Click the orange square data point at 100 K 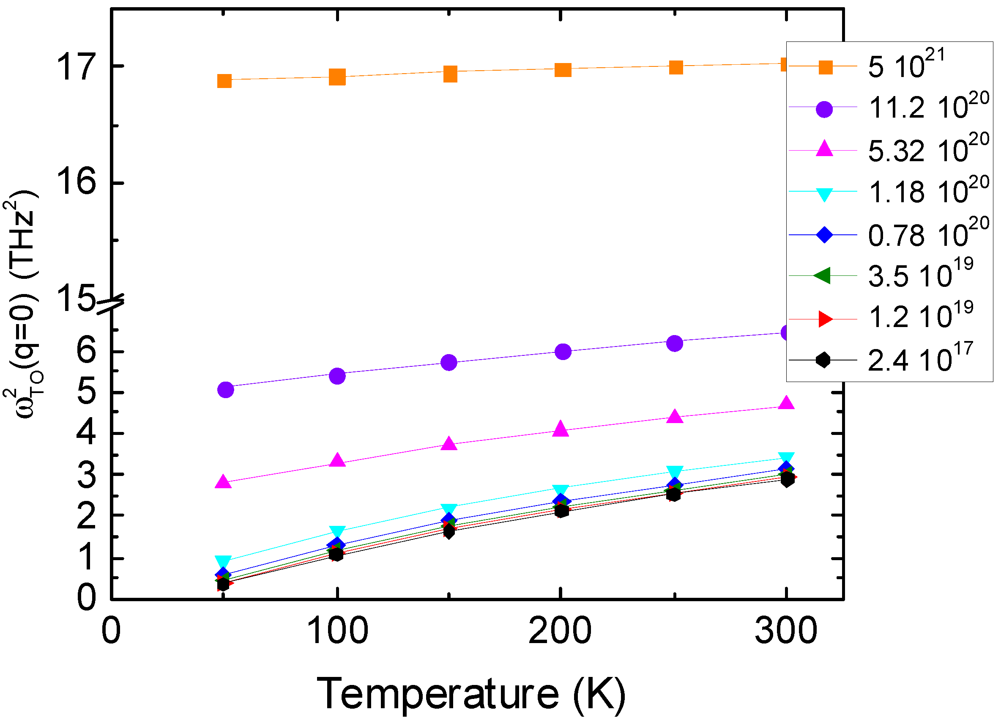[337, 77]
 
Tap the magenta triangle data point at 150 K [449, 443]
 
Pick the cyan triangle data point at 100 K [337, 531]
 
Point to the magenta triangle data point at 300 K [786, 403]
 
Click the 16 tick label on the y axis [76, 182]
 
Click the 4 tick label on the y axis [86, 432]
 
